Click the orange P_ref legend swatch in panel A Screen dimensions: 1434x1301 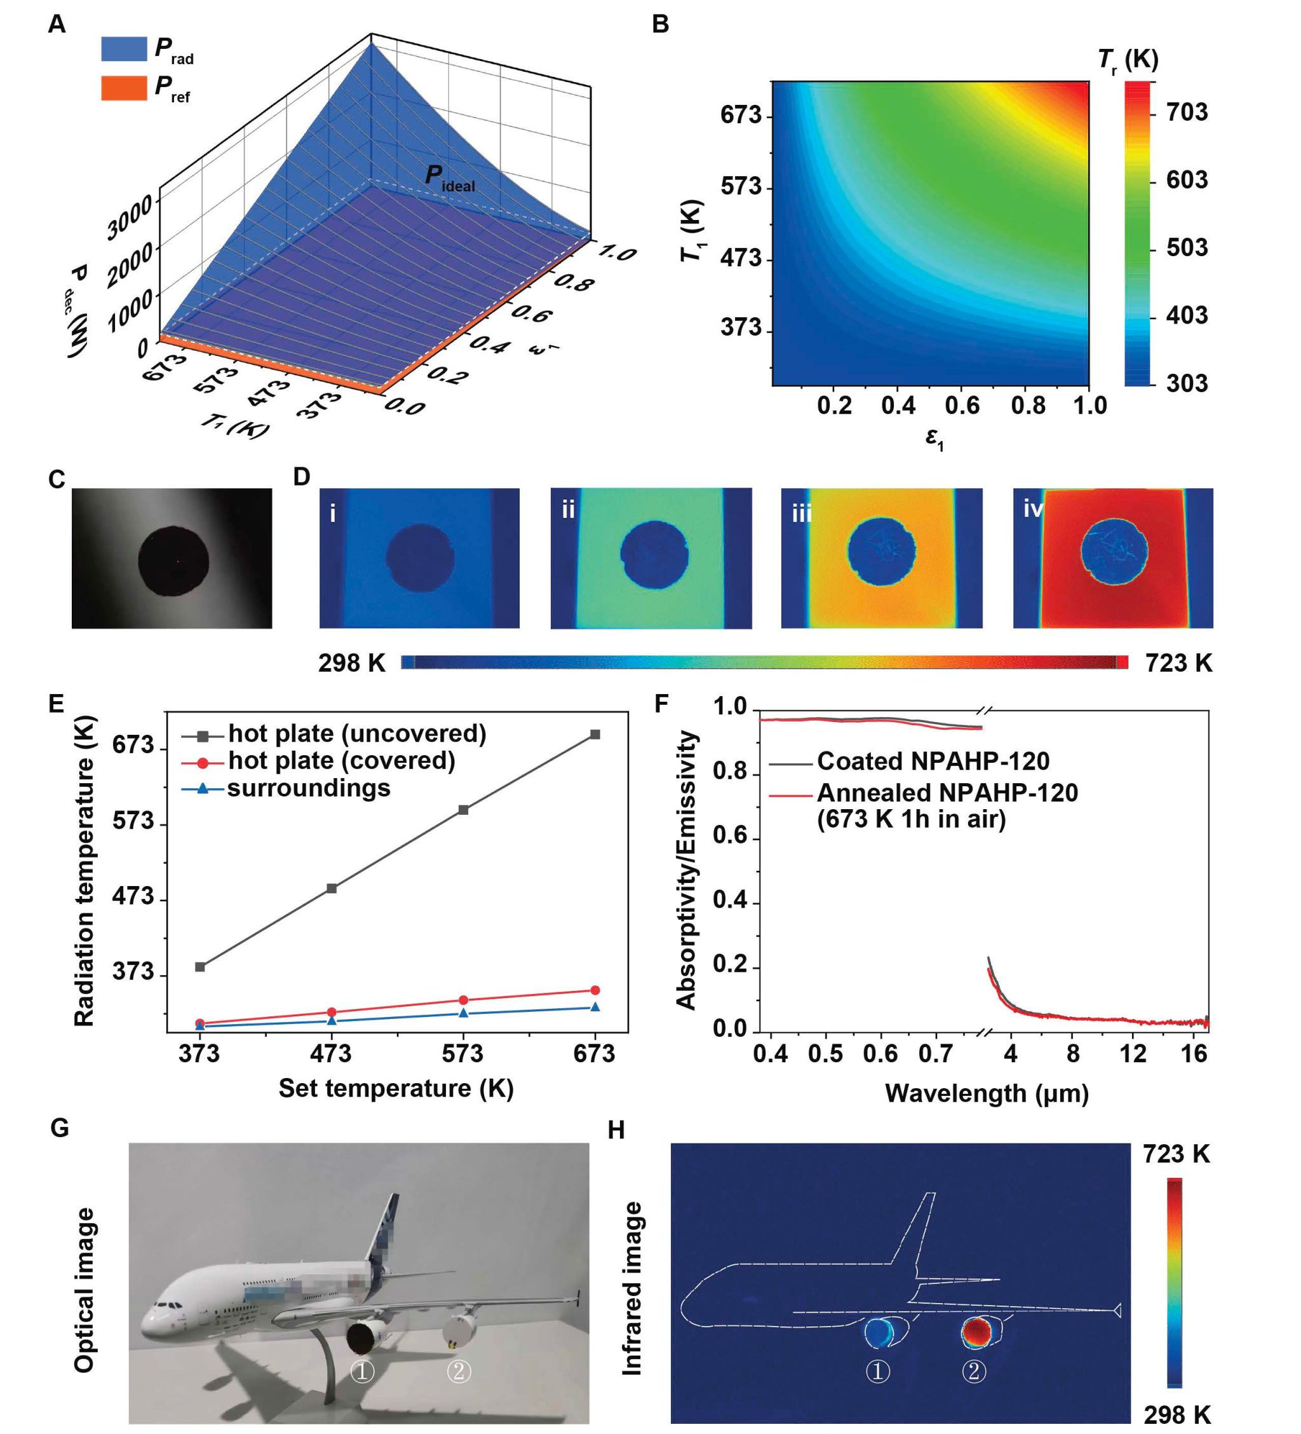point(124,88)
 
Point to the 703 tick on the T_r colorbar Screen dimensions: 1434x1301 point(1186,112)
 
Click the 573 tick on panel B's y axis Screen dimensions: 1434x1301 point(741,186)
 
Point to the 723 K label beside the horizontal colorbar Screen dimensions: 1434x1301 point(1178,663)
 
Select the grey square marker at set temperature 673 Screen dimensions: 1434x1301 point(595,734)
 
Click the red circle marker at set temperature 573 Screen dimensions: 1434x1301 point(464,1000)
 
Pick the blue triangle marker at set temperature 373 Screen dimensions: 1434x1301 point(199,1026)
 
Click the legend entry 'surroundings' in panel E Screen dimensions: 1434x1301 point(309,788)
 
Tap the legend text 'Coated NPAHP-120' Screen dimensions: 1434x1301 point(933,761)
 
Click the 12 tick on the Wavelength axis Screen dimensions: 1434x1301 point(1133,1053)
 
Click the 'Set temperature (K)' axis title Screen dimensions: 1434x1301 point(396,1088)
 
